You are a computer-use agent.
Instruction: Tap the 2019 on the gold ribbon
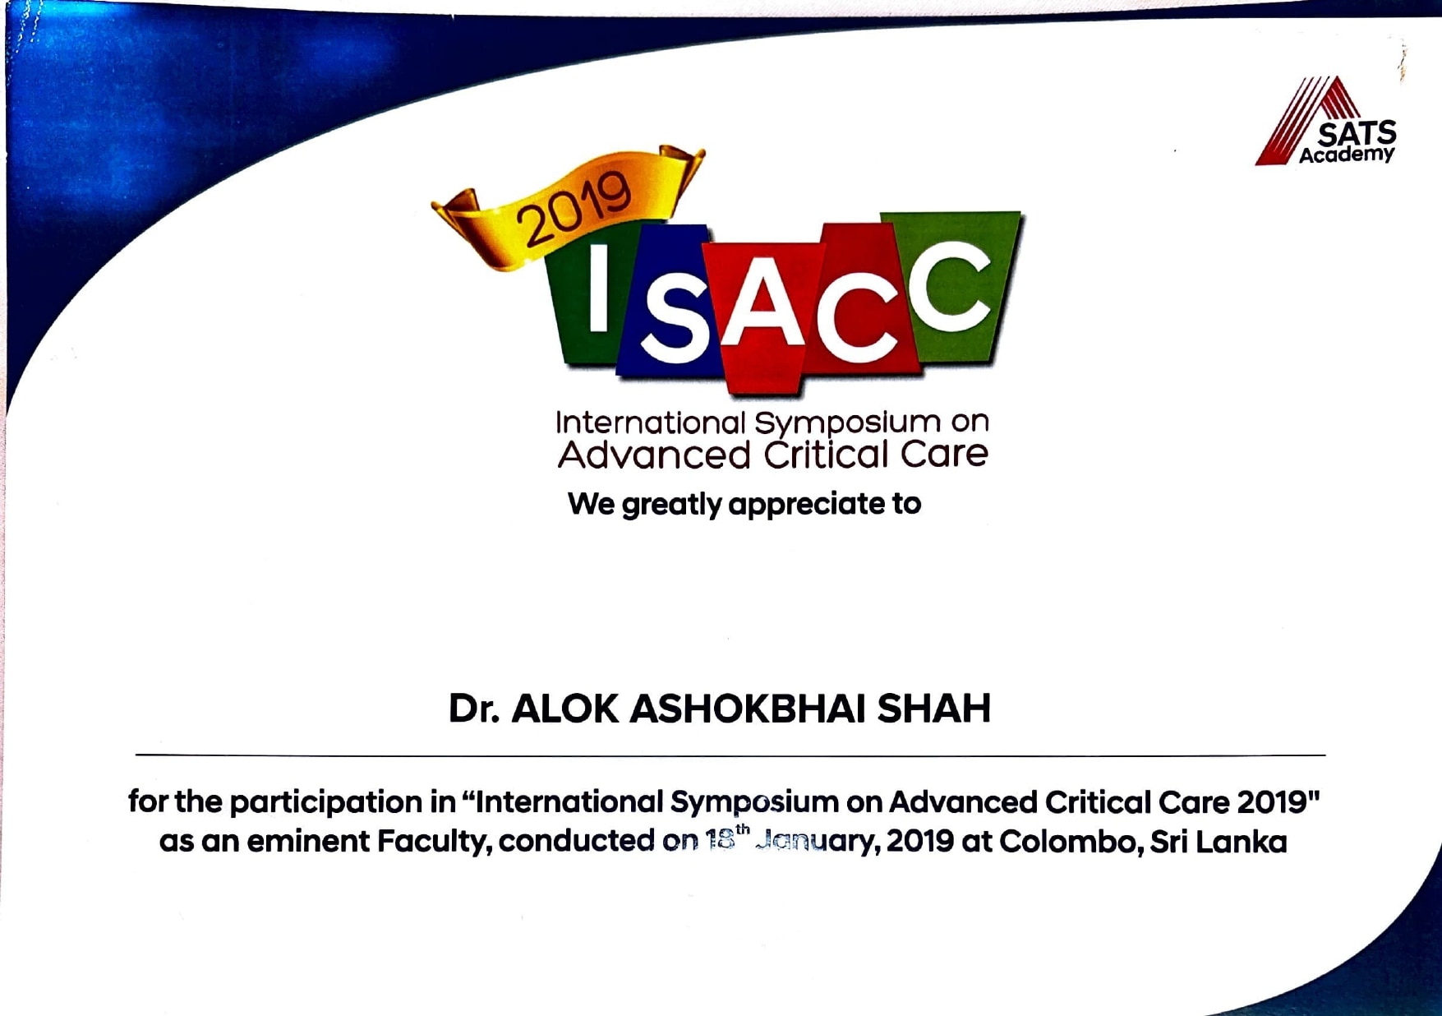(x=574, y=208)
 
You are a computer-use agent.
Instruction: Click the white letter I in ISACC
(x=598, y=289)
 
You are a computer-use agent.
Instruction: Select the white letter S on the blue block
(x=673, y=322)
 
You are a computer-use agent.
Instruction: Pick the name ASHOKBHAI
(x=747, y=709)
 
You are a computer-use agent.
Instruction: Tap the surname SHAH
(x=934, y=709)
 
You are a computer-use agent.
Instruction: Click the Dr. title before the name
(x=474, y=709)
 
